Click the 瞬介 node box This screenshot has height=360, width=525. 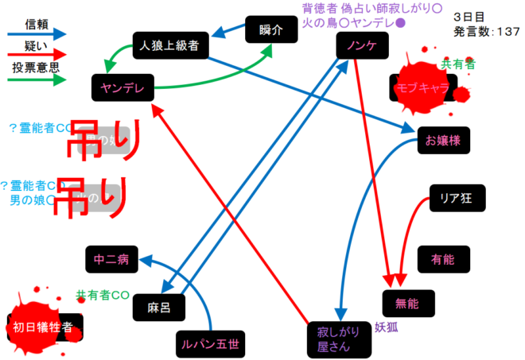[270, 30]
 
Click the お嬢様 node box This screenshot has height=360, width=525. [443, 141]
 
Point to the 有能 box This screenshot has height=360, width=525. [442, 258]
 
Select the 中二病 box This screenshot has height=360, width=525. [111, 258]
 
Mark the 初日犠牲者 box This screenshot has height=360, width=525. [44, 326]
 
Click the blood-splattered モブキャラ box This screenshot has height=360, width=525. [422, 87]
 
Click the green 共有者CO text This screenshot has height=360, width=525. [103, 295]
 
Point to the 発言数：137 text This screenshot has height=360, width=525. [486, 32]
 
